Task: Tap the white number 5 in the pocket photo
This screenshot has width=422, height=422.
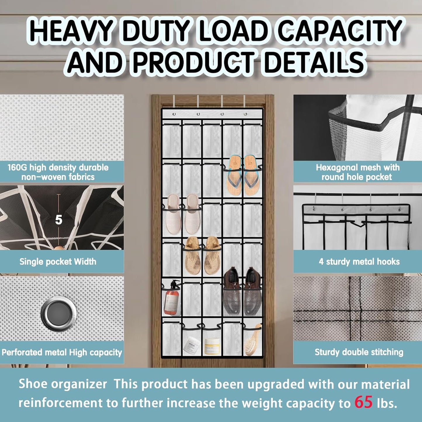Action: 59,220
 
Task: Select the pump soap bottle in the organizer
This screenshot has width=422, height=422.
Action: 171,298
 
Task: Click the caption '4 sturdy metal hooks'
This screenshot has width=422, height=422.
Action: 359,262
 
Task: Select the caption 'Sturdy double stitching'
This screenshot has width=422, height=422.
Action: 359,352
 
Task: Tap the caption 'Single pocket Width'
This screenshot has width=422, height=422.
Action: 58,262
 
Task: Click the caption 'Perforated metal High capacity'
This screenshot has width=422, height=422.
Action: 62,352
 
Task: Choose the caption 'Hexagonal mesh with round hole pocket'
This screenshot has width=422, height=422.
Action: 357,172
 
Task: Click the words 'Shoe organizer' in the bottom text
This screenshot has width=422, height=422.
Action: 63,384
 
